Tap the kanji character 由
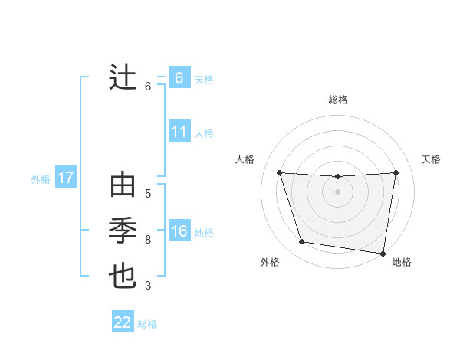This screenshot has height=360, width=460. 123,187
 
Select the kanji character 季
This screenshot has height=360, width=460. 123,231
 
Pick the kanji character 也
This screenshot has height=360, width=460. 123,275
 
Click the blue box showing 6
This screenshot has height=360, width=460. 179,77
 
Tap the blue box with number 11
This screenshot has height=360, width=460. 179,132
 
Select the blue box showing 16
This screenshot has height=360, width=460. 179,231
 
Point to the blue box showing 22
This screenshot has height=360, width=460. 123,322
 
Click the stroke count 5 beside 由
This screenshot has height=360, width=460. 148,194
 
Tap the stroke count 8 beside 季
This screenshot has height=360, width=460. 148,240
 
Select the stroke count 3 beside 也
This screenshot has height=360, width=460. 148,286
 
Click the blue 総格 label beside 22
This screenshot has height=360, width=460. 147,323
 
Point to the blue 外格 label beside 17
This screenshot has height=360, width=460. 41,179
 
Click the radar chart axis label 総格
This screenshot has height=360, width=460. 337,100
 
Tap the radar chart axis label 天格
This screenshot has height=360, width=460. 431,159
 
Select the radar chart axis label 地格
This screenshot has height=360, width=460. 402,262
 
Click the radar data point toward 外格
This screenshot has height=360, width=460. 302,242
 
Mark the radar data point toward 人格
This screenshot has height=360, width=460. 279,172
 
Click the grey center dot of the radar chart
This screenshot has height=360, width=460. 337,191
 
